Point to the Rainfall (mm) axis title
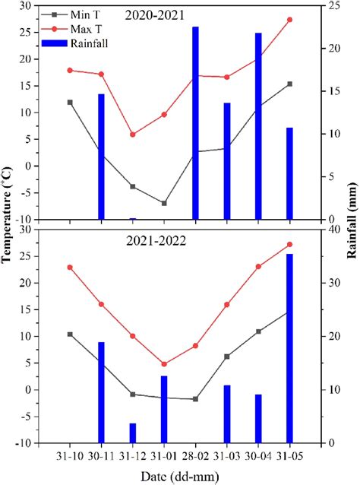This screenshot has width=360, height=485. point(352,224)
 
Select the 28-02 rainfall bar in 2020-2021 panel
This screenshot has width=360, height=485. point(195,123)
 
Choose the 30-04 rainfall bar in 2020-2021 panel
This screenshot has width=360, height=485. point(258,126)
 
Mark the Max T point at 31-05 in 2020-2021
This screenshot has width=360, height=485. point(289,20)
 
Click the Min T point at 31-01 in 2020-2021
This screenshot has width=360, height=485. point(163,203)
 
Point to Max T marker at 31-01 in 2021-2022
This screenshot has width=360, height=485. point(163,364)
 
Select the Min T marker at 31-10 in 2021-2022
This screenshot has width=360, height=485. point(70,334)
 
